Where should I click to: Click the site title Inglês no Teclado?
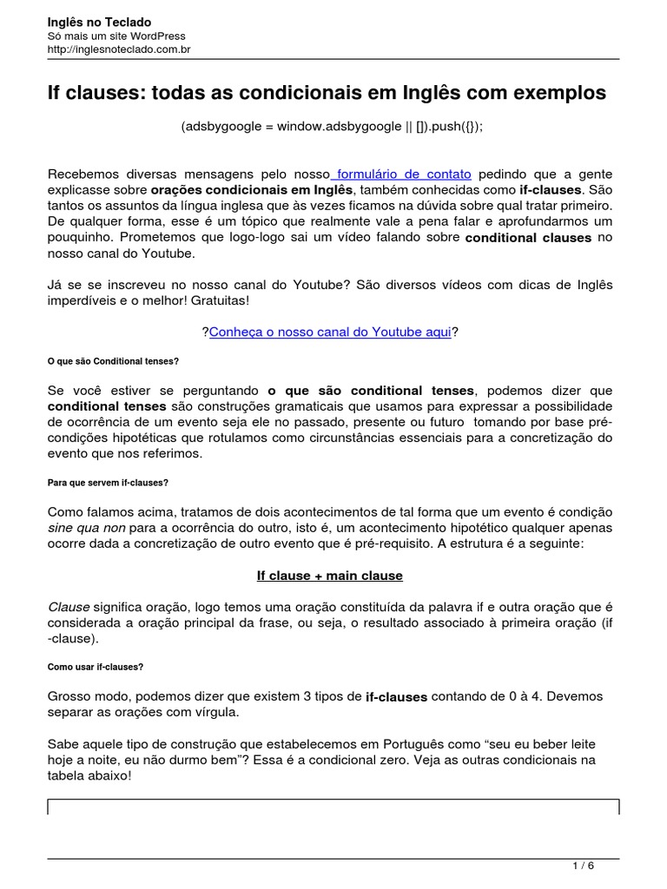tap(99, 22)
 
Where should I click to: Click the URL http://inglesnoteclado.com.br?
tap(119, 50)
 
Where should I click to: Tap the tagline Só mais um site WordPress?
tap(116, 36)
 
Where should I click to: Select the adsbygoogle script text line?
tap(332, 127)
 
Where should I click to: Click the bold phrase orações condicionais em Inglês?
tap(252, 189)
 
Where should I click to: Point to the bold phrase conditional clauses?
tap(528, 237)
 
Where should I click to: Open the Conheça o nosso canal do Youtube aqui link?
tap(330, 332)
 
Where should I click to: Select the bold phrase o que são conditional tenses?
tap(371, 390)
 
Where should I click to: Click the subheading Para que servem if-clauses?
tap(108, 483)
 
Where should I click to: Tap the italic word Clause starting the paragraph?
tap(68, 607)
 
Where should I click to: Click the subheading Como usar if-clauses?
tap(96, 667)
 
